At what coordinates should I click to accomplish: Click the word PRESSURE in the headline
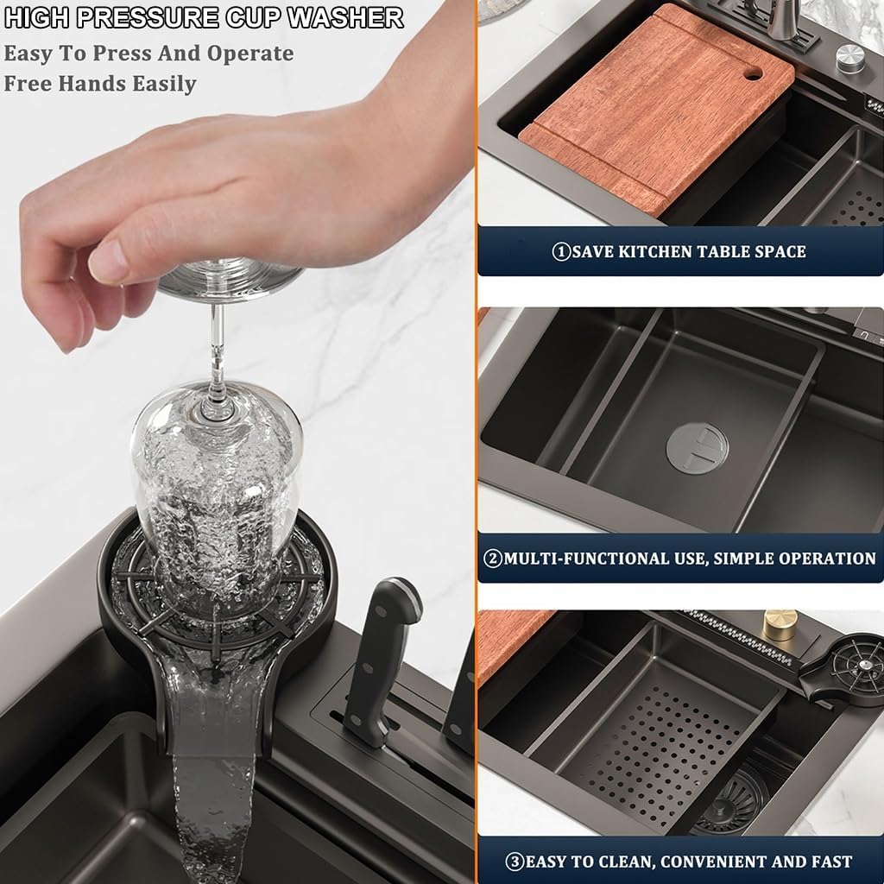(x=148, y=17)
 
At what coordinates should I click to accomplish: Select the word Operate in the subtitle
(x=249, y=54)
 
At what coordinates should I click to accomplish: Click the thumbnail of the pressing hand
(x=108, y=262)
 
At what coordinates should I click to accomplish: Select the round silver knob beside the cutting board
(x=850, y=58)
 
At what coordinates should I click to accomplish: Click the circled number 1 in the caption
(x=561, y=251)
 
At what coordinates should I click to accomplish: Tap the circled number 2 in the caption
(x=493, y=559)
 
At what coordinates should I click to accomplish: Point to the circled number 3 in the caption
(x=515, y=862)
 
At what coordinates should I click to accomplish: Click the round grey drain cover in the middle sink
(x=697, y=449)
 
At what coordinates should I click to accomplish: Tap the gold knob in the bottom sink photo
(x=781, y=625)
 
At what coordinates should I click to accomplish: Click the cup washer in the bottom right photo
(x=843, y=667)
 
